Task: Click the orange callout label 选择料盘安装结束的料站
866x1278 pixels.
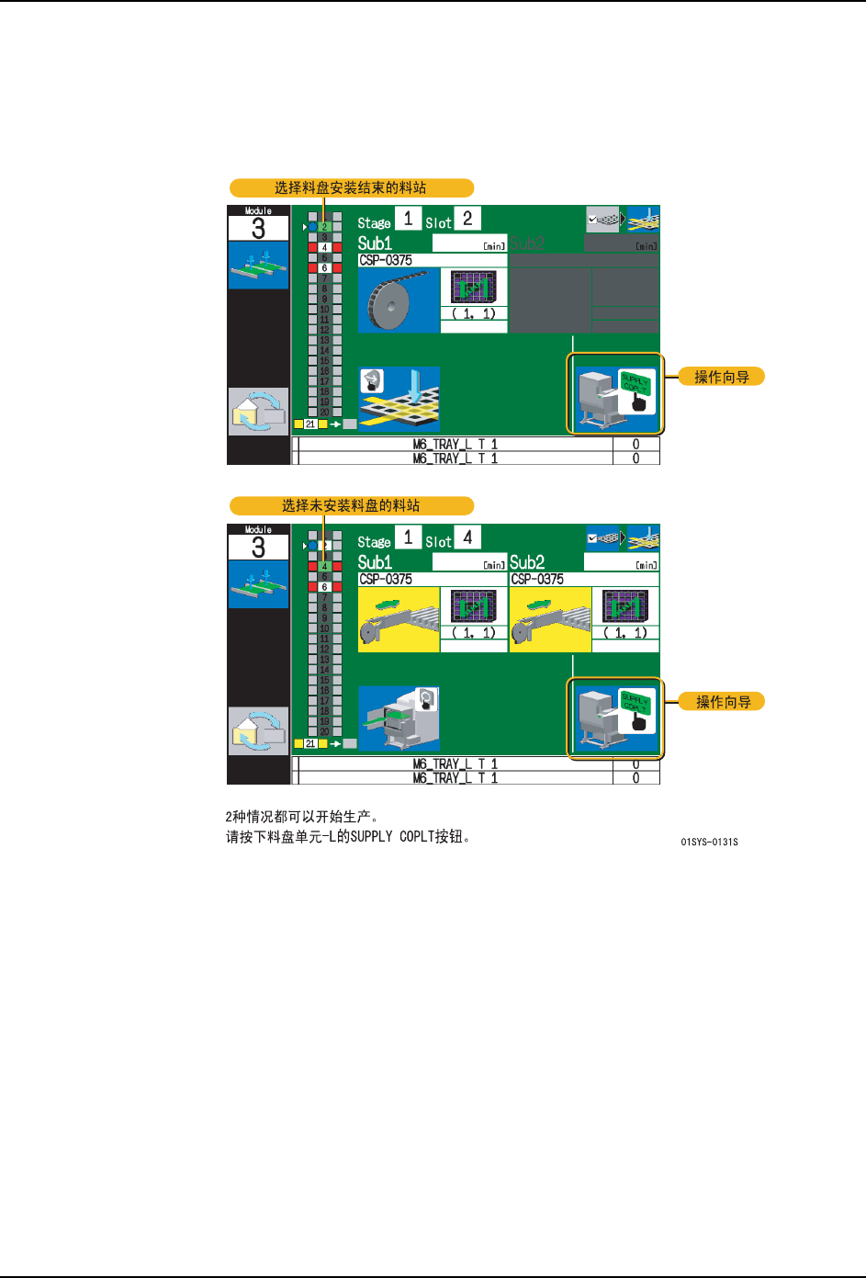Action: [351, 188]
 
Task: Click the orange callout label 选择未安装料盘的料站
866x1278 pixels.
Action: [351, 505]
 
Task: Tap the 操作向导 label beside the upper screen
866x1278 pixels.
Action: [721, 377]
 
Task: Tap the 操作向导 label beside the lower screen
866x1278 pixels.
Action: [723, 702]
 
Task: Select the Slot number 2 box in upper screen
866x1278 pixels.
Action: [467, 219]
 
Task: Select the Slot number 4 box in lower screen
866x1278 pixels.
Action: [467, 537]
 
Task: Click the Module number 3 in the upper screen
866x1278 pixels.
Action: [258, 229]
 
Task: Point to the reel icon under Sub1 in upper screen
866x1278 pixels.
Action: [399, 300]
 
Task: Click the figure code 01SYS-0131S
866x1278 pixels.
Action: [709, 842]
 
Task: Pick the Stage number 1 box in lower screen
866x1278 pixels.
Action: [408, 537]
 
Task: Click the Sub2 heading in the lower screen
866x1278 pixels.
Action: [527, 562]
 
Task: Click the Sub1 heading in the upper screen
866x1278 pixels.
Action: [375, 243]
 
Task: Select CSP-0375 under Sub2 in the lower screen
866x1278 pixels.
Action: [537, 580]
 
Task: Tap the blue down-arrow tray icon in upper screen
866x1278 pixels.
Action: [399, 398]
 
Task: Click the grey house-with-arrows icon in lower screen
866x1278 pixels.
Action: [258, 730]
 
